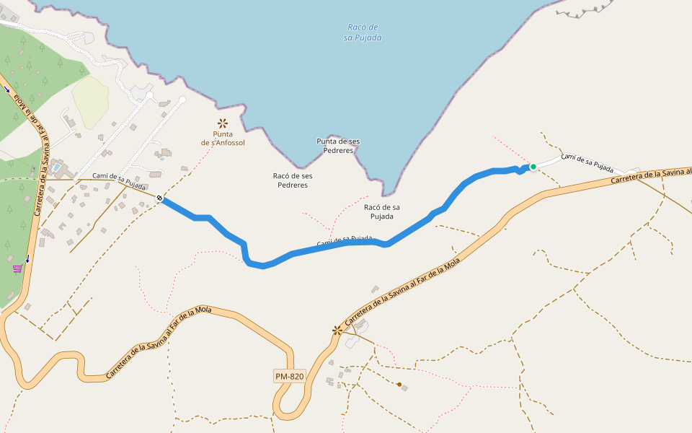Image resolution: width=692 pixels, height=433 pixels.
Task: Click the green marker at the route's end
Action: pyautogui.click(x=533, y=167)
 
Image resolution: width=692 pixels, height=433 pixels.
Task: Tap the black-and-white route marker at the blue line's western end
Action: pyautogui.click(x=159, y=198)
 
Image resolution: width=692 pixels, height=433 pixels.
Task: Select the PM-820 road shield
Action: pyautogui.click(x=290, y=376)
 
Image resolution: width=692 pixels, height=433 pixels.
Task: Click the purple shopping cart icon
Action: pyautogui.click(x=17, y=268)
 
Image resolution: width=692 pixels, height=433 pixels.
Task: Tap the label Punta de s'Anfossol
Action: pyautogui.click(x=223, y=139)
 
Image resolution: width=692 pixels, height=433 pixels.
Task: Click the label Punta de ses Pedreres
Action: pyautogui.click(x=338, y=146)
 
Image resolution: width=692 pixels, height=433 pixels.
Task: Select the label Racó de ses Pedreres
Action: pyautogui.click(x=293, y=180)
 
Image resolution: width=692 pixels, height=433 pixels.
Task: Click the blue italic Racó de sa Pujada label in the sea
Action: pyautogui.click(x=363, y=32)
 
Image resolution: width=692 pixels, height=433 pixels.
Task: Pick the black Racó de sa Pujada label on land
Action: pyautogui.click(x=382, y=211)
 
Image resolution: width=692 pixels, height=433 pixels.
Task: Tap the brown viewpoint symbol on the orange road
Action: pyautogui.click(x=337, y=331)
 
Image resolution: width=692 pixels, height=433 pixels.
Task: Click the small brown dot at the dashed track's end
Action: pyautogui.click(x=399, y=384)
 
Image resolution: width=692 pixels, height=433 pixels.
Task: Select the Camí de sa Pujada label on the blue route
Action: pyautogui.click(x=345, y=239)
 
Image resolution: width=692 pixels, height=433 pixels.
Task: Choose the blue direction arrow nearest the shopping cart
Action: pyautogui.click(x=27, y=258)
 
